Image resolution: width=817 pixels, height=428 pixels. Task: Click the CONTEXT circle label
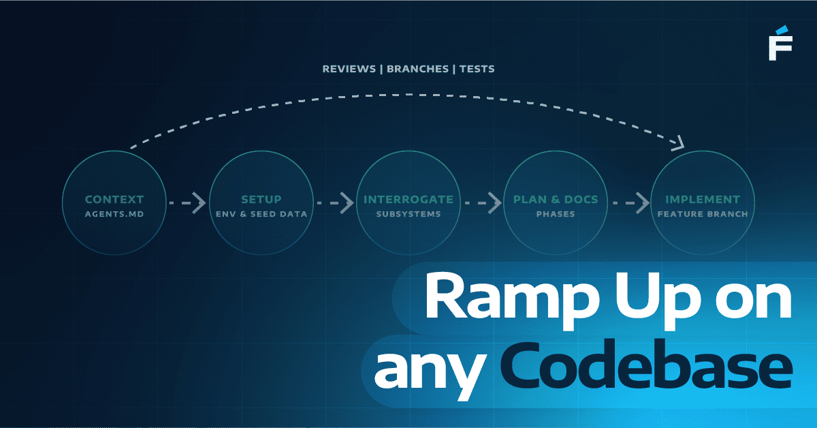pos(114,200)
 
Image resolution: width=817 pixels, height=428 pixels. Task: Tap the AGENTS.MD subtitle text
pos(114,214)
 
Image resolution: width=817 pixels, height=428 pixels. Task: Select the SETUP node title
pos(261,200)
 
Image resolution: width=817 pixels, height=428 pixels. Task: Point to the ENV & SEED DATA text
pos(261,214)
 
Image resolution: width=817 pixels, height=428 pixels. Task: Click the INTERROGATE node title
pos(408,200)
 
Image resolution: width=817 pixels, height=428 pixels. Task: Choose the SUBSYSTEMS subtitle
pos(408,214)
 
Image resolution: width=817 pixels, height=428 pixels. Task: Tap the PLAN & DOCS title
pos(556,200)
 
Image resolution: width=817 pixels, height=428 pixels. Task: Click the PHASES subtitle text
pos(556,214)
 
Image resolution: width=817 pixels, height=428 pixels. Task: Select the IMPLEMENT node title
pos(703,200)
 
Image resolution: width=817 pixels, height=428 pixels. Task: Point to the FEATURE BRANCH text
pos(703,214)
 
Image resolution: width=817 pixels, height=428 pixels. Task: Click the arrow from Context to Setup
pos(187,202)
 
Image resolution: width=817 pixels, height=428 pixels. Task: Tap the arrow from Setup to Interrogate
pos(335,202)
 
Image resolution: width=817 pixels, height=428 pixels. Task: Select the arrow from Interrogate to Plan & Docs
pos(482,202)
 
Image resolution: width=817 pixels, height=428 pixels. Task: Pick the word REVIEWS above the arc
pos(349,69)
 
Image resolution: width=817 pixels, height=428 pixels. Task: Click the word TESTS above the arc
pos(477,69)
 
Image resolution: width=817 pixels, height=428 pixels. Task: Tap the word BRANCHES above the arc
pos(417,69)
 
